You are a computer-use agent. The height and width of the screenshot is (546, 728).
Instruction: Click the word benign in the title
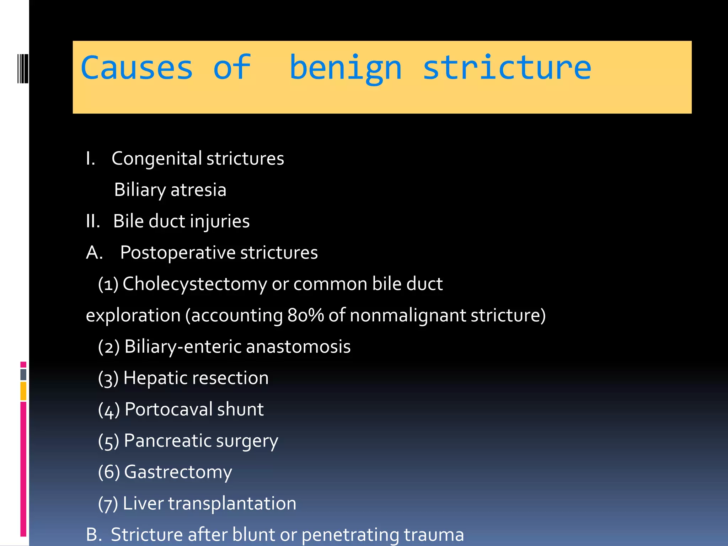click(346, 68)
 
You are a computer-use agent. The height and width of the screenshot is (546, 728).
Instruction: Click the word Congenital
click(157, 159)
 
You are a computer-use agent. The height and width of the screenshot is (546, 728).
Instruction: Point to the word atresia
click(198, 190)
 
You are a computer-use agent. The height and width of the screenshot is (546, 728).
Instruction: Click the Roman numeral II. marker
click(93, 221)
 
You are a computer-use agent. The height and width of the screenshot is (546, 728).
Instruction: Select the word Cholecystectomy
click(194, 284)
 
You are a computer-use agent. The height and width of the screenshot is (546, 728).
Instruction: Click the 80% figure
click(305, 315)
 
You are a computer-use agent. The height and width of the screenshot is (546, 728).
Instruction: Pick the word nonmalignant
click(408, 315)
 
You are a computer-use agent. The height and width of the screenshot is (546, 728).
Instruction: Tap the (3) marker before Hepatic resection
click(108, 378)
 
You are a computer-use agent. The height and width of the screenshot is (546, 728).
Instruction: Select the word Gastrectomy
click(178, 472)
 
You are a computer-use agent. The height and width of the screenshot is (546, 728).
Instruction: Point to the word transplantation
click(232, 503)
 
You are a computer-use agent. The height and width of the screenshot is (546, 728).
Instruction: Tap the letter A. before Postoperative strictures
click(95, 253)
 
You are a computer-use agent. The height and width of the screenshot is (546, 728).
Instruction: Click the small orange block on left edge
click(23, 391)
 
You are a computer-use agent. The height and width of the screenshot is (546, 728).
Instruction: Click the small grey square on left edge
click(23, 374)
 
